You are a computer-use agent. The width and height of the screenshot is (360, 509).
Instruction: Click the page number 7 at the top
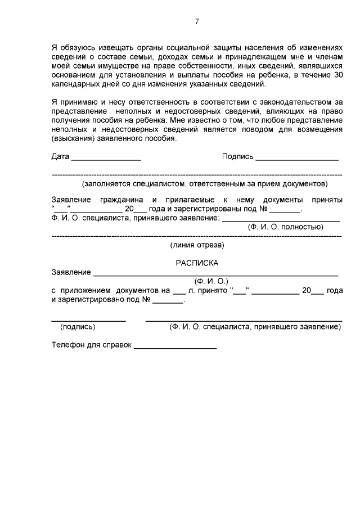[197, 22]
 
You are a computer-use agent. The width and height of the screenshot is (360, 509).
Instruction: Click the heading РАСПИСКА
[197, 263]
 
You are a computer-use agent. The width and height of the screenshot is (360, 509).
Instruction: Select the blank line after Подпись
[296, 160]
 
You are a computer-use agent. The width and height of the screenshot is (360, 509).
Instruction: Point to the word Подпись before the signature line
[237, 157]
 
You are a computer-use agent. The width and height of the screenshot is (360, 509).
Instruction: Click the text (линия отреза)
[197, 245]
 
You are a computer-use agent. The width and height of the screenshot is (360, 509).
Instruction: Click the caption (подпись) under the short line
[78, 326]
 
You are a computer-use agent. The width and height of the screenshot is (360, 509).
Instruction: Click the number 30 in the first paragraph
[336, 75]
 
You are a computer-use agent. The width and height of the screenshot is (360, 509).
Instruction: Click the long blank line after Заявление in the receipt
[215, 275]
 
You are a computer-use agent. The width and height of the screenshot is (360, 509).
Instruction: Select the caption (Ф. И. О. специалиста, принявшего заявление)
[255, 326]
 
